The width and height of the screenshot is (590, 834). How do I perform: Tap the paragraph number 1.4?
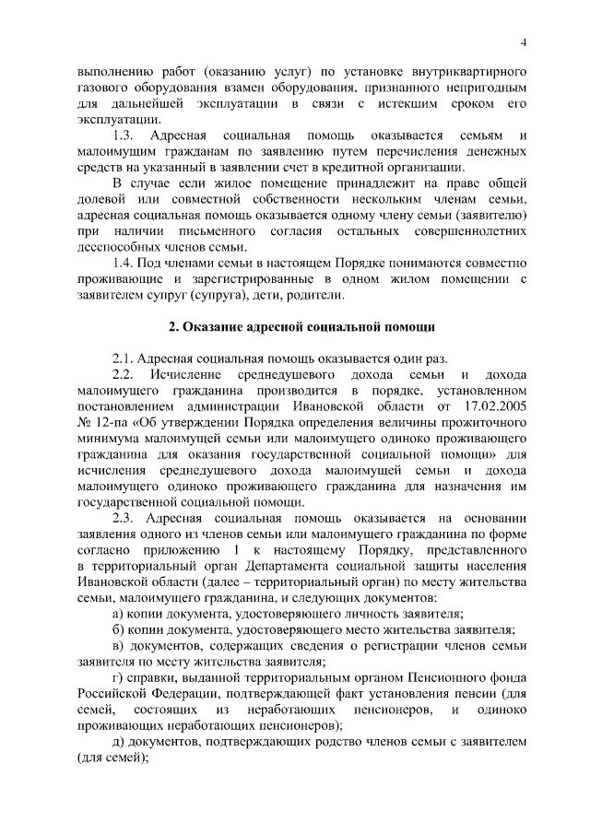[x=124, y=264]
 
